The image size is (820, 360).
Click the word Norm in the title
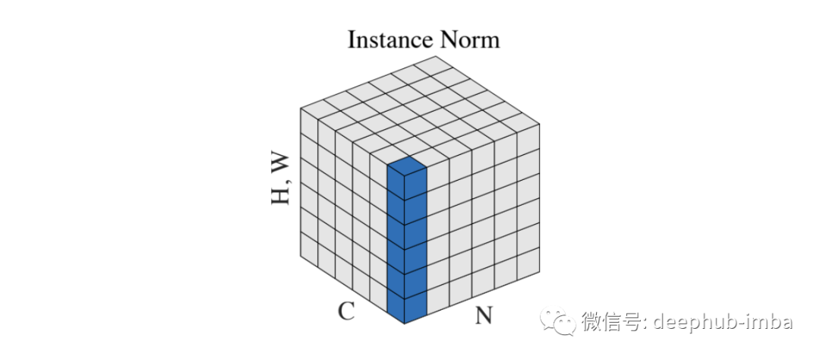click(471, 39)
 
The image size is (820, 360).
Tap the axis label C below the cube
click(346, 311)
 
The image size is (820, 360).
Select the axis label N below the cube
click(484, 314)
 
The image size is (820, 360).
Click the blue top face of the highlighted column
click(406, 167)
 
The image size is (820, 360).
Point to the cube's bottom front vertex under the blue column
click(405, 324)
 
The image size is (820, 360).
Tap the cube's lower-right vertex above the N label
click(540, 272)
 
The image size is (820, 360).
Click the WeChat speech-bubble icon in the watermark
click(564, 321)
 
